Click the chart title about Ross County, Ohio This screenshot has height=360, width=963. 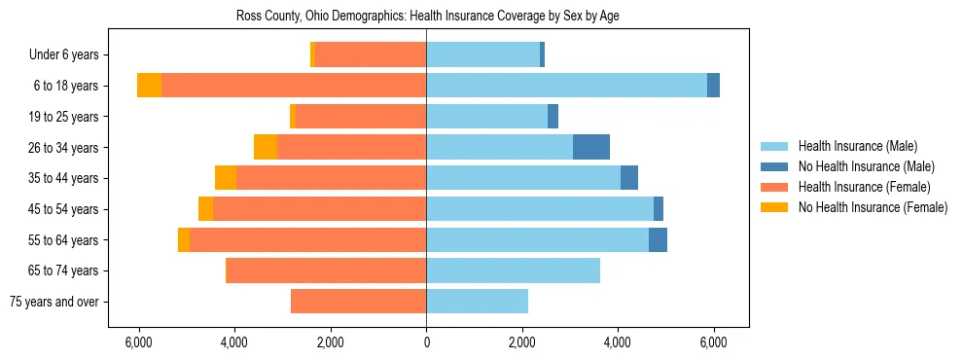tap(427, 17)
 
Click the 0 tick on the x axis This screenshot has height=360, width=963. tap(426, 342)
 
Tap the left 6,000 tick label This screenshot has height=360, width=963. tap(139, 342)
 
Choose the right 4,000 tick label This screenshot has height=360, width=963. tap(618, 342)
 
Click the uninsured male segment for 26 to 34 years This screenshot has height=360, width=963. tap(591, 147)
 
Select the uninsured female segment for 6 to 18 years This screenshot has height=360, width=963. tap(149, 86)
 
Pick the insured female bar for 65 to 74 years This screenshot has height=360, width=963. tap(326, 270)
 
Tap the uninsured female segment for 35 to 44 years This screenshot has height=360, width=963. tap(226, 178)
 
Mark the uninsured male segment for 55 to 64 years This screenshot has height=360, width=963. tap(658, 239)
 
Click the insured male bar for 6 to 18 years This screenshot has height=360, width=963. tap(566, 86)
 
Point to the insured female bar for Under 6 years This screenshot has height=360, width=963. tap(371, 55)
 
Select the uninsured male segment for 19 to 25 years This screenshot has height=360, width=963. tap(553, 117)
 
